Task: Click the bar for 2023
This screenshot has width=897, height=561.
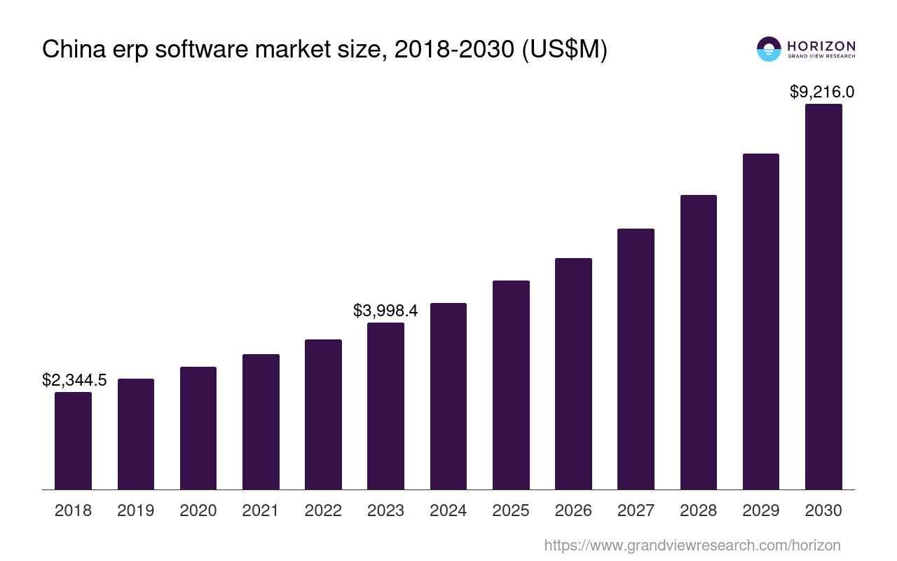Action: point(385,406)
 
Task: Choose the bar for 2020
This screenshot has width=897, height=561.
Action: point(198,428)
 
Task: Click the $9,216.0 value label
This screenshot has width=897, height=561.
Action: point(822,92)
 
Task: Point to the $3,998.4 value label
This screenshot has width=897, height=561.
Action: point(385,311)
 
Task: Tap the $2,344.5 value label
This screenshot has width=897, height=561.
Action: point(74,380)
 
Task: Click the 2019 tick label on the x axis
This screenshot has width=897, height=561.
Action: point(136,511)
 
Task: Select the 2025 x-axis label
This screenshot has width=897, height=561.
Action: point(511,511)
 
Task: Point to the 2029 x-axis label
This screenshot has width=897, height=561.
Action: point(761,511)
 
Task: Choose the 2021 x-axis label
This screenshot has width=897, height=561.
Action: point(261,511)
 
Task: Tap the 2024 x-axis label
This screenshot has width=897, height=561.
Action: point(448,511)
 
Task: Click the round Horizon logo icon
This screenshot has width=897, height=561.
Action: point(769,49)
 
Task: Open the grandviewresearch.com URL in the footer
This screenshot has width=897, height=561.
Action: point(692,545)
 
